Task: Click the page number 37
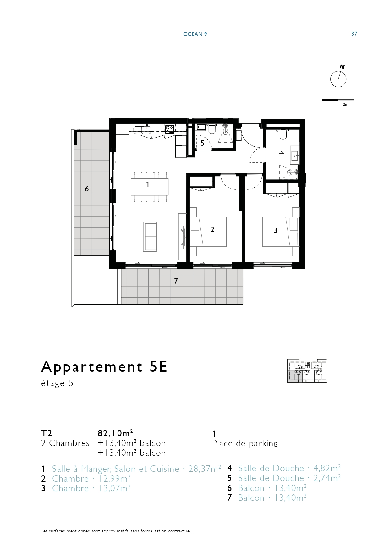[x=354, y=34]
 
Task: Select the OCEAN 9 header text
[x=195, y=34]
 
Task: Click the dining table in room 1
[x=150, y=187]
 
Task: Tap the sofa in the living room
[x=150, y=236]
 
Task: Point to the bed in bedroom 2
[x=208, y=231]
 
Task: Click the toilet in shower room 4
[x=283, y=134]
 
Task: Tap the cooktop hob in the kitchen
[x=170, y=129]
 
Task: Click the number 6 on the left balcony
[x=87, y=189]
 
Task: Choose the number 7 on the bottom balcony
[x=176, y=281]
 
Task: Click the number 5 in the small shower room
[x=202, y=143]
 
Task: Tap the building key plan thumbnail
[x=307, y=371]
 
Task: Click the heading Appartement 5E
[x=104, y=367]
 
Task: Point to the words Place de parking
[x=245, y=444]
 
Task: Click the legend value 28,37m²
[x=205, y=469]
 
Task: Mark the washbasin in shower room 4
[x=295, y=155]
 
